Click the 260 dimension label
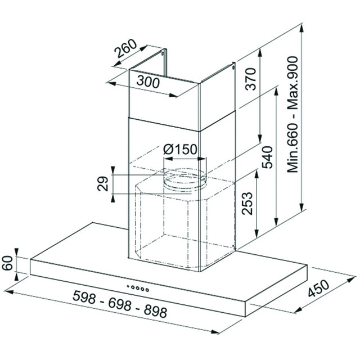click(126, 49)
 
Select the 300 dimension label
click(148, 82)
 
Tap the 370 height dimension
click(250, 79)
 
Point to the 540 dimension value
click(268, 157)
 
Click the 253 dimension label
click(247, 204)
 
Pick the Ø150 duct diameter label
click(180, 150)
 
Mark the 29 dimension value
click(102, 184)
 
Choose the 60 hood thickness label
click(7, 263)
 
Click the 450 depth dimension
click(318, 288)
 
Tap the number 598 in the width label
click(84, 296)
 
